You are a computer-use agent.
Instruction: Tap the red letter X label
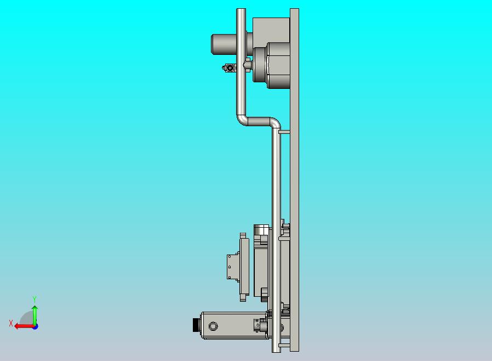[11, 323]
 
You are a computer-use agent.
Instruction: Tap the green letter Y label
[35, 299]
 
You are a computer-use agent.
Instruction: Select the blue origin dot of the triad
[35, 326]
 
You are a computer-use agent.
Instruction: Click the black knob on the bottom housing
[196, 325]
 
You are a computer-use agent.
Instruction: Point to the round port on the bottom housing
[213, 326]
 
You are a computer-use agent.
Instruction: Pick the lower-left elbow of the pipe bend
[242, 119]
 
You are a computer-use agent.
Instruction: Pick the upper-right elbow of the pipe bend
[274, 123]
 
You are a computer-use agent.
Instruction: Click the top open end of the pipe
[241, 10]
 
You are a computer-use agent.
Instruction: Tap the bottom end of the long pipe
[277, 349]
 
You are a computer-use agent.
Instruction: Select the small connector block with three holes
[233, 266]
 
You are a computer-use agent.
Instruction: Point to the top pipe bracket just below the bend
[284, 132]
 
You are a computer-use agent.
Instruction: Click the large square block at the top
[271, 30]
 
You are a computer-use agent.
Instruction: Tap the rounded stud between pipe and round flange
[248, 65]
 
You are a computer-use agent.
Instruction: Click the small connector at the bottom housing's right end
[258, 325]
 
